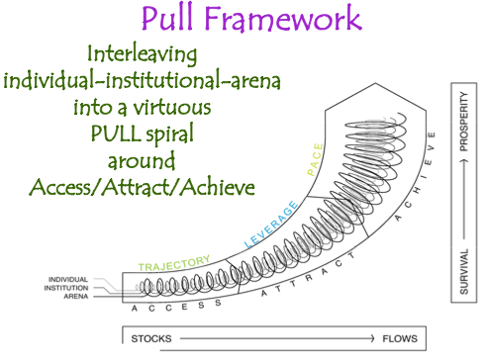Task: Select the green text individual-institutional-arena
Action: [x=146, y=81]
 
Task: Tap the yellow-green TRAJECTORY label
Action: [x=174, y=264]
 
